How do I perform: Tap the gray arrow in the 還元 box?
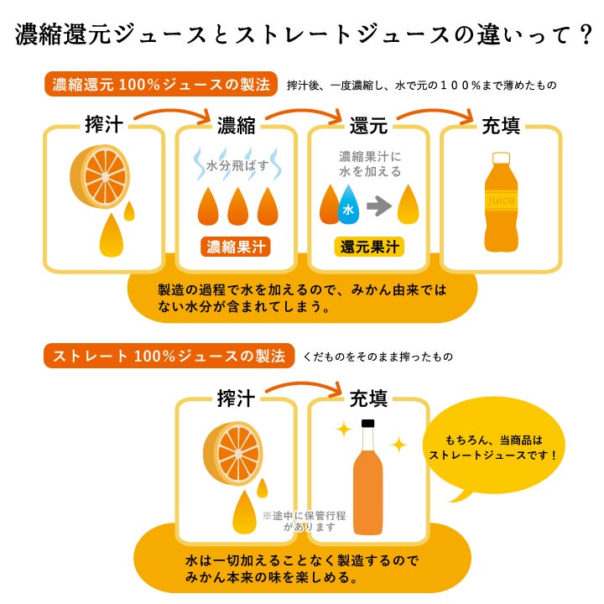(x=379, y=206)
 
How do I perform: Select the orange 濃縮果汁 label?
(x=236, y=247)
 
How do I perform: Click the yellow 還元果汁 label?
(x=369, y=247)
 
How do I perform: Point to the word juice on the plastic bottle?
(x=501, y=200)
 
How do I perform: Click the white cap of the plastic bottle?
(x=501, y=158)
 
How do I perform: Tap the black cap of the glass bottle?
(x=368, y=424)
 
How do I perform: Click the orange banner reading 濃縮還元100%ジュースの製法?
(x=161, y=84)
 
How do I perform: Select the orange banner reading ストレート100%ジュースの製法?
(x=169, y=356)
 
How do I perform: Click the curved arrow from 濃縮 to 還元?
(x=305, y=112)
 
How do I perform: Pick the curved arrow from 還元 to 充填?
(x=435, y=112)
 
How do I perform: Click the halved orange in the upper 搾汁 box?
(x=100, y=176)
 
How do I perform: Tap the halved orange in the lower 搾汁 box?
(x=233, y=454)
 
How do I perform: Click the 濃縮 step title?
(x=236, y=126)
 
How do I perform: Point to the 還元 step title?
(x=368, y=126)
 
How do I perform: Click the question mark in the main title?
(x=586, y=34)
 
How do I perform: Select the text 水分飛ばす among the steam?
(x=237, y=165)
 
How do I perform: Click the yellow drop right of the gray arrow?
(x=408, y=204)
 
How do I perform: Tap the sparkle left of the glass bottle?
(x=344, y=430)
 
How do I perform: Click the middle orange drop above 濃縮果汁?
(x=238, y=206)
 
